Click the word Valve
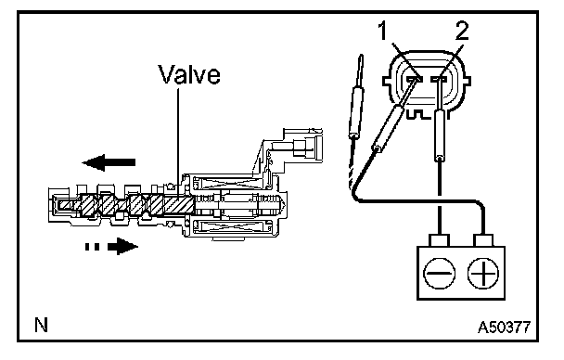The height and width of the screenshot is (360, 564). tap(189, 74)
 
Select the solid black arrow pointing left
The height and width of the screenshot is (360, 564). tap(109, 162)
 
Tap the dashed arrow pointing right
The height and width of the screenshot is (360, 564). tap(111, 247)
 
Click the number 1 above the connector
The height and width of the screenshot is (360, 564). tap(383, 32)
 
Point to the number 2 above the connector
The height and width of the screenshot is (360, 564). tap(462, 32)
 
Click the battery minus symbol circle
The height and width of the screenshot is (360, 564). tap(440, 274)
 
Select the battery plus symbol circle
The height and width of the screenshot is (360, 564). tap(483, 274)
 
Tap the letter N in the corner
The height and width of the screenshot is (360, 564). tap(42, 325)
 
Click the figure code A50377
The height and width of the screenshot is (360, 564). tap(504, 328)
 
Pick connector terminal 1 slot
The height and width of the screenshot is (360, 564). tap(414, 78)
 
